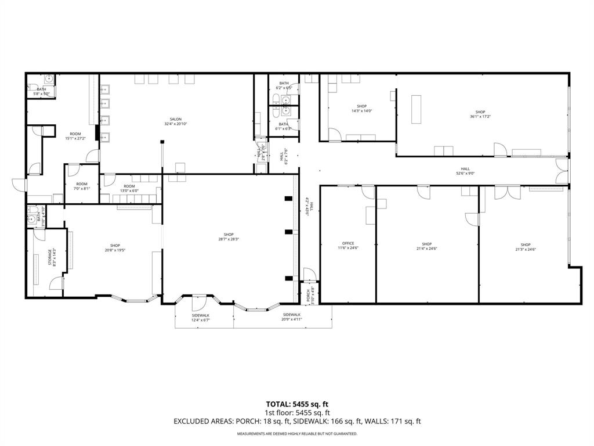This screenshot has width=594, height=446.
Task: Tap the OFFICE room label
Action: pyautogui.click(x=348, y=244)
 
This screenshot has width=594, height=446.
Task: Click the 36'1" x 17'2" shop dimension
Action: pyautogui.click(x=480, y=116)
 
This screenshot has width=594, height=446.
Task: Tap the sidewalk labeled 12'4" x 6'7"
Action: pyautogui.click(x=201, y=318)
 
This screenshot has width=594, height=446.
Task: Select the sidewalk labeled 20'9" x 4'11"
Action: pyautogui.click(x=291, y=317)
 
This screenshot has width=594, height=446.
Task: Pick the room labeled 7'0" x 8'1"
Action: pyautogui.click(x=81, y=186)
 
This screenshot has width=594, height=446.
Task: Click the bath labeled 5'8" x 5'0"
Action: pyautogui.click(x=42, y=91)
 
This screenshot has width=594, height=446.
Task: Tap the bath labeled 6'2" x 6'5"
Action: pyautogui.click(x=284, y=85)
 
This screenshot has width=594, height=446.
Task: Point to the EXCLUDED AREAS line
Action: pyautogui.click(x=297, y=421)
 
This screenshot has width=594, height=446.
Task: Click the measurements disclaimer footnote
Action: pyautogui.click(x=297, y=434)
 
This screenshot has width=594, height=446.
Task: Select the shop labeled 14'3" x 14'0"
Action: pyautogui.click(x=361, y=109)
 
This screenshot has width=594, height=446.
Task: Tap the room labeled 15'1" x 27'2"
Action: pyautogui.click(x=75, y=136)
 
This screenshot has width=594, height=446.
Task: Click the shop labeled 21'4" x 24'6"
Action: pyautogui.click(x=427, y=246)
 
